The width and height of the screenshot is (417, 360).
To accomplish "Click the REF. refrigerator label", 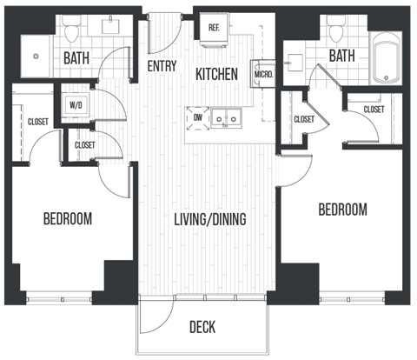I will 214,28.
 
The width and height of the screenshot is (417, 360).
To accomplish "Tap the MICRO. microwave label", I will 264,75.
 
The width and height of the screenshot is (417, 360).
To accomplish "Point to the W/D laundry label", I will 76,105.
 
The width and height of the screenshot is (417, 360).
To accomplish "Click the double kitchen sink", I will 228,116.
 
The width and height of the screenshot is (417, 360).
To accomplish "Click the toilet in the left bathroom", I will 72,32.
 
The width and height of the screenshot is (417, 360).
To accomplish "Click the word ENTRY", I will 162,66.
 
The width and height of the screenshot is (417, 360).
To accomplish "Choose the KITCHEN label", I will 216,75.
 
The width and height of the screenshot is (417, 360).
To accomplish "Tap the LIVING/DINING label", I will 209,219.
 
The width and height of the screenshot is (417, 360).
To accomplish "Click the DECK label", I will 202,327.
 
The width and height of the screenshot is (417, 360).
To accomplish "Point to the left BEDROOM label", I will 68,217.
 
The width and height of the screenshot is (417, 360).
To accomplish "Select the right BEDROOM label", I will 342,210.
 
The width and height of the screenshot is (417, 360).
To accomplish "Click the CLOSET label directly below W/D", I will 85,144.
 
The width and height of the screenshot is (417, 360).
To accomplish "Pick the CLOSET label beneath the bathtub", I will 374,110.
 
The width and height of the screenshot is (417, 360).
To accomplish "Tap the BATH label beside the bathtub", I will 342,57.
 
